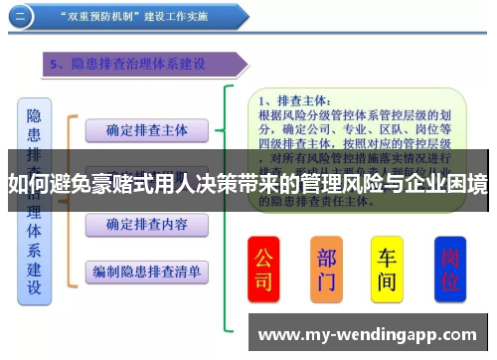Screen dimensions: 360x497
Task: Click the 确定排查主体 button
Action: click(147, 130)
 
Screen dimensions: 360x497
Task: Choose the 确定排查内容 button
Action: click(147, 225)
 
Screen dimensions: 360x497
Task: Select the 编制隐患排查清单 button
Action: click(147, 270)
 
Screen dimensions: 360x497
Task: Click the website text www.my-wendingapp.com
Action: click(368, 335)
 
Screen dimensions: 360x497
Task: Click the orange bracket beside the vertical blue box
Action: click(70, 199)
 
